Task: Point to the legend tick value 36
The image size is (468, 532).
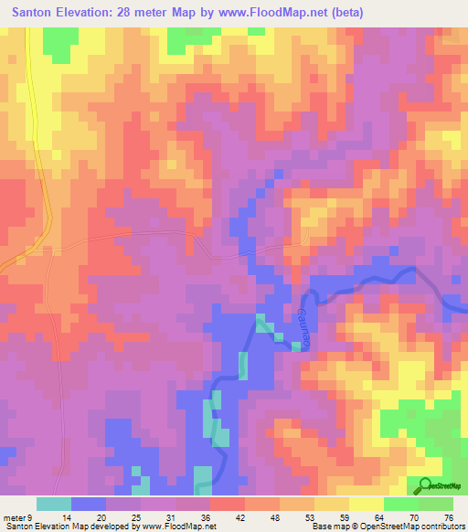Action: [192, 517]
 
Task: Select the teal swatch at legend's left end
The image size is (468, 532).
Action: [53, 504]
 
